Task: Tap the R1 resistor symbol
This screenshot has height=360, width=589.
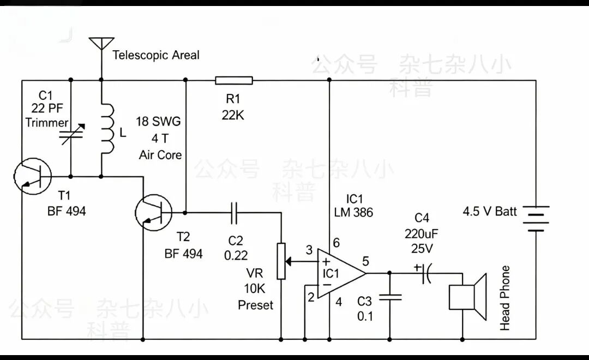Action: click(x=233, y=80)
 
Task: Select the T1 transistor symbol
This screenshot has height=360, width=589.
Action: click(x=33, y=176)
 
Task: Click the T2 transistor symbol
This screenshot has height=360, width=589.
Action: click(x=154, y=213)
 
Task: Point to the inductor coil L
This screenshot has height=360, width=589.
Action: click(x=107, y=129)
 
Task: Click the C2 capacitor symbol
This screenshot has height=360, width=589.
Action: click(x=234, y=213)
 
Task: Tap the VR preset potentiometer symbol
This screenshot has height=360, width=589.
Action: click(x=282, y=261)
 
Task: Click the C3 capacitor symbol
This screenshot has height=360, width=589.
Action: click(x=390, y=297)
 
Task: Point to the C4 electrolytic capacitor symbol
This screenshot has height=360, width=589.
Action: click(x=426, y=273)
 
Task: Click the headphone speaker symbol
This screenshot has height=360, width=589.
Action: click(x=468, y=297)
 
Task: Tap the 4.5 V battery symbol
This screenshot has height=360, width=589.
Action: click(x=536, y=218)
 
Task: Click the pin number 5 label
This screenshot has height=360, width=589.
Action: click(x=365, y=261)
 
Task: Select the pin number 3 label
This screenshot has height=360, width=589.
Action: click(x=309, y=250)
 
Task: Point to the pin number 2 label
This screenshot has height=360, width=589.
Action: click(x=311, y=297)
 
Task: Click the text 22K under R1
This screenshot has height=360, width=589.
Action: click(x=233, y=115)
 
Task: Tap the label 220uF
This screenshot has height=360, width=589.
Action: click(x=422, y=234)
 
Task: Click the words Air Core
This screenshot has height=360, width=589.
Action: click(x=160, y=155)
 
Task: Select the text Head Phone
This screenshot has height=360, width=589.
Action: click(x=505, y=298)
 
